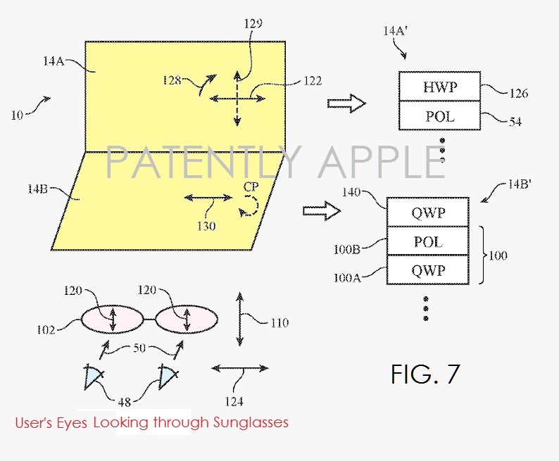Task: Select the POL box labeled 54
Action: (439, 115)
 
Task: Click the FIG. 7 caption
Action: (425, 373)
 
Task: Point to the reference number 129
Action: (253, 24)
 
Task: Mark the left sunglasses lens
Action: (112, 320)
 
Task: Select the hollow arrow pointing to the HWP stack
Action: (346, 103)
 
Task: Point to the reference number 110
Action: (278, 323)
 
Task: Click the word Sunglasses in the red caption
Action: (250, 423)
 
